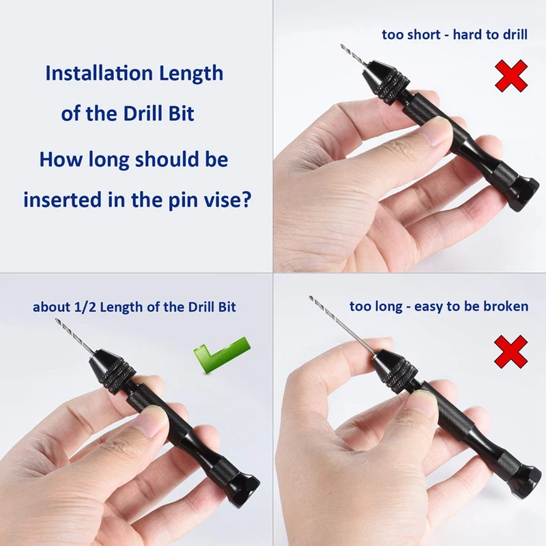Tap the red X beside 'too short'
point(511,76)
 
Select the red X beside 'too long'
point(511,351)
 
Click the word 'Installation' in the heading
point(99,73)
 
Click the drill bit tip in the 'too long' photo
point(310,297)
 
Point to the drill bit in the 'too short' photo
point(353,55)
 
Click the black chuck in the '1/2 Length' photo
point(112,370)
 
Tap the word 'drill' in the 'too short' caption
point(516,35)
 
